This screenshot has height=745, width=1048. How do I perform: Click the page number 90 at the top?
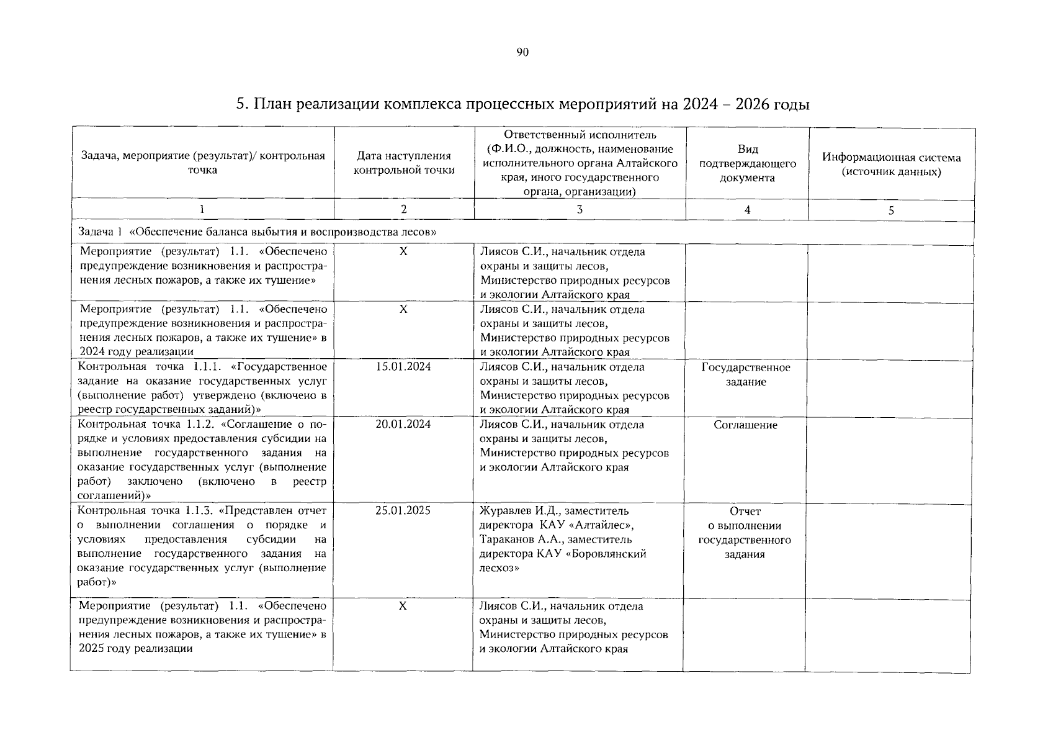(x=522, y=53)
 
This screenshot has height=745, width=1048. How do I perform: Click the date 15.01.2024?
(x=403, y=367)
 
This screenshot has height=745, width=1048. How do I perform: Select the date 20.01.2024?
(x=403, y=425)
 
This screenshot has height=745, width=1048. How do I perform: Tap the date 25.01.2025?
(x=403, y=511)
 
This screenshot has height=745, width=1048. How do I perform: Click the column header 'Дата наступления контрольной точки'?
(x=404, y=163)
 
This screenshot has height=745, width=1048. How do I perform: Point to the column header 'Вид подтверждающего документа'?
(x=748, y=163)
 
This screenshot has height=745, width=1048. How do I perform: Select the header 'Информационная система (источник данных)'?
(x=892, y=165)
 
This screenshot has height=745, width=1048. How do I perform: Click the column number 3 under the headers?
(x=580, y=210)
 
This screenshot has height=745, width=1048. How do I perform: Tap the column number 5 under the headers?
(x=891, y=210)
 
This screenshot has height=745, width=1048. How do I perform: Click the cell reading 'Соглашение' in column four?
(x=745, y=425)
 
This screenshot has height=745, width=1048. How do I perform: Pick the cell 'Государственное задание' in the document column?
(x=746, y=374)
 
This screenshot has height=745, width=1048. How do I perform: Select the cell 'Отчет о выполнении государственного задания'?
(x=745, y=533)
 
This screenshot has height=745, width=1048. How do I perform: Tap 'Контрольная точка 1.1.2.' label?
(x=146, y=425)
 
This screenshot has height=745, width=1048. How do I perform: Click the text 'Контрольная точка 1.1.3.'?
(x=146, y=511)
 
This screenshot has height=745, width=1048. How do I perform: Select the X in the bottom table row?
(x=403, y=606)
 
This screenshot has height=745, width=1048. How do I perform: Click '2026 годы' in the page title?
(x=773, y=104)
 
